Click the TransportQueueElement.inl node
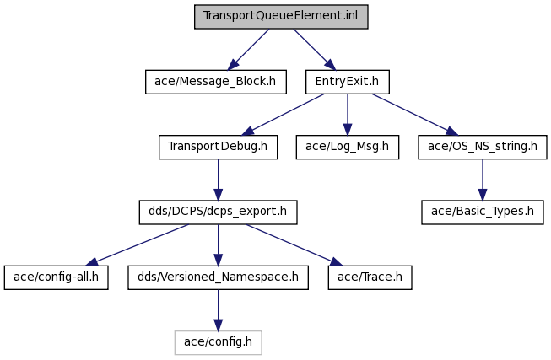point(281,17)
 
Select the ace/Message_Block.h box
point(216,82)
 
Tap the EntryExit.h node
point(348,82)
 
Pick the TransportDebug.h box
point(219,147)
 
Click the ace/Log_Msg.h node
point(348,147)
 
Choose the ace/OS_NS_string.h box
point(483,147)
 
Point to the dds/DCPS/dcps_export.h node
point(219,212)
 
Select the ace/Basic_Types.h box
point(483,212)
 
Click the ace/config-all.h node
point(57,277)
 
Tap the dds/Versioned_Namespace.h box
point(219,277)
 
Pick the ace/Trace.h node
point(370,277)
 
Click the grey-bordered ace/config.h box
point(219,342)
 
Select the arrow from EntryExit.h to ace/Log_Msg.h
point(348,115)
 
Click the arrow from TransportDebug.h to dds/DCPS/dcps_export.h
point(219,180)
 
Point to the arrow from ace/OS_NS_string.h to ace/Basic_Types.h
point(483,180)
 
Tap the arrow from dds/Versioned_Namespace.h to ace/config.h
point(219,310)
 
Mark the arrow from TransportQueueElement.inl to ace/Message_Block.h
point(249,49)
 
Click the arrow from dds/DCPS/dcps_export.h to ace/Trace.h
point(294,245)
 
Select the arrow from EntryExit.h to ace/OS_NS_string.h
point(415,115)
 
